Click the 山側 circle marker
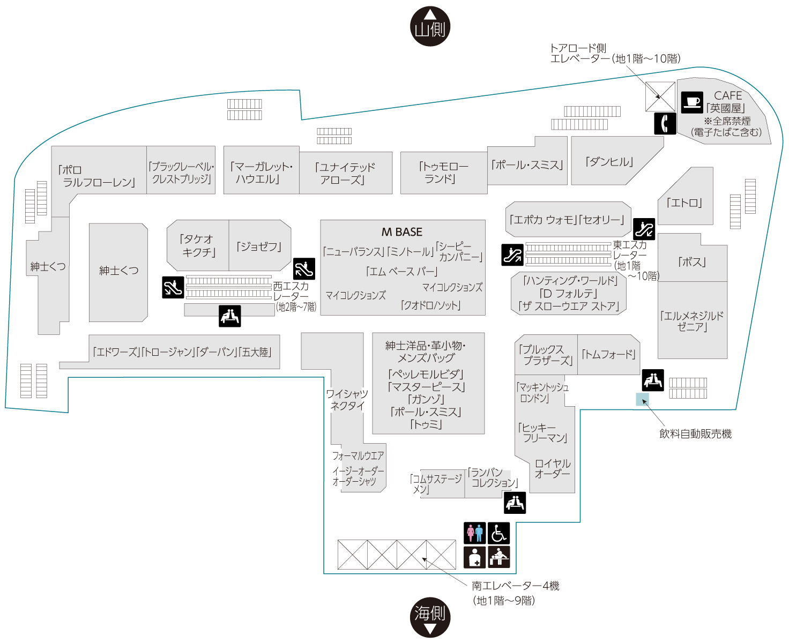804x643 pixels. [x=430, y=26]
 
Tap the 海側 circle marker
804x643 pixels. [x=430, y=617]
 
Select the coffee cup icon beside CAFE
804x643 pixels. [x=692, y=102]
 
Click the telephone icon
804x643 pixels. [x=665, y=123]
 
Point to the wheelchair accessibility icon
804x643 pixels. [x=499, y=533]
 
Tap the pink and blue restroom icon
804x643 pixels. [x=474, y=533]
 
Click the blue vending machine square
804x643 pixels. [x=642, y=399]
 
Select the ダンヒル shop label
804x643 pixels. [x=609, y=162]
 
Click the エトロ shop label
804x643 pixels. [x=684, y=203]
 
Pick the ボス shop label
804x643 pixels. [x=692, y=262]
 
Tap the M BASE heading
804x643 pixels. [x=401, y=232]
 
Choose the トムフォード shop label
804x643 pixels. [x=608, y=354]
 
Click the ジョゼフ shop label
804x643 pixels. [x=258, y=246]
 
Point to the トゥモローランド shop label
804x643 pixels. [x=443, y=173]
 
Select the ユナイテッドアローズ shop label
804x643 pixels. [x=345, y=174]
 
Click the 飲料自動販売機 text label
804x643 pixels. [x=695, y=434]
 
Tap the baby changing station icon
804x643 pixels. [x=499, y=557]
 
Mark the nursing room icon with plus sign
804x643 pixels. [x=474, y=557]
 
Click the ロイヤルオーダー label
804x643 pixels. [x=553, y=468]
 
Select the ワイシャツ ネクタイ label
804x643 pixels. [x=347, y=399]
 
